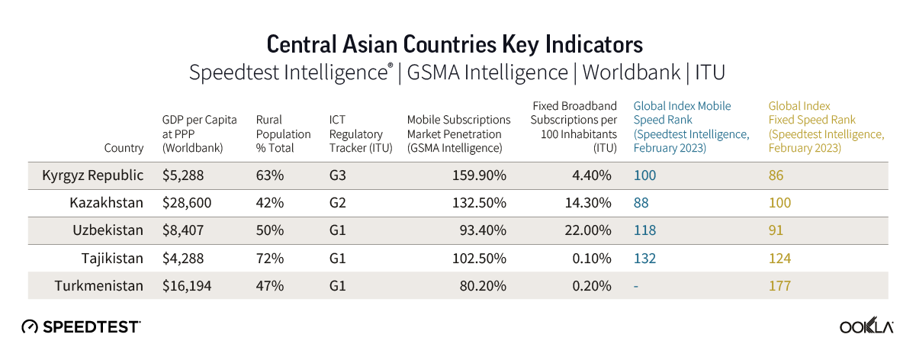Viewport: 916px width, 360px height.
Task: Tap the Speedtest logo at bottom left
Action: tap(81, 326)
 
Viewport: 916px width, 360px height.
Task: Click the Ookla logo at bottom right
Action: tap(866, 326)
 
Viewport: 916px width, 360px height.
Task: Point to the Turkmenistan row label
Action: tap(99, 286)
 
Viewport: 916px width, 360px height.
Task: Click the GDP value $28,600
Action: tap(187, 203)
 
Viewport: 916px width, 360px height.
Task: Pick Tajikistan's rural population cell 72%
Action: tap(270, 259)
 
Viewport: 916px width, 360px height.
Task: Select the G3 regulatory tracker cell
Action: tap(338, 175)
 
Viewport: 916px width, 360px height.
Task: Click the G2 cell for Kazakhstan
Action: tap(338, 203)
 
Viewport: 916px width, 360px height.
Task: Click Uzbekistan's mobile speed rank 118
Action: tap(644, 230)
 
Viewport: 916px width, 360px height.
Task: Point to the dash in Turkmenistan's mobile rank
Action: tap(636, 286)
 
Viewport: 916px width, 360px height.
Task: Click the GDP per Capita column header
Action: tap(199, 134)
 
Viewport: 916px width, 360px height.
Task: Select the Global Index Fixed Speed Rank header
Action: tap(825, 127)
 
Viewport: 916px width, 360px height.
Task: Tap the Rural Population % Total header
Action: tap(283, 134)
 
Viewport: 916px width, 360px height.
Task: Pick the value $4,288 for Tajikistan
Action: tap(183, 259)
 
